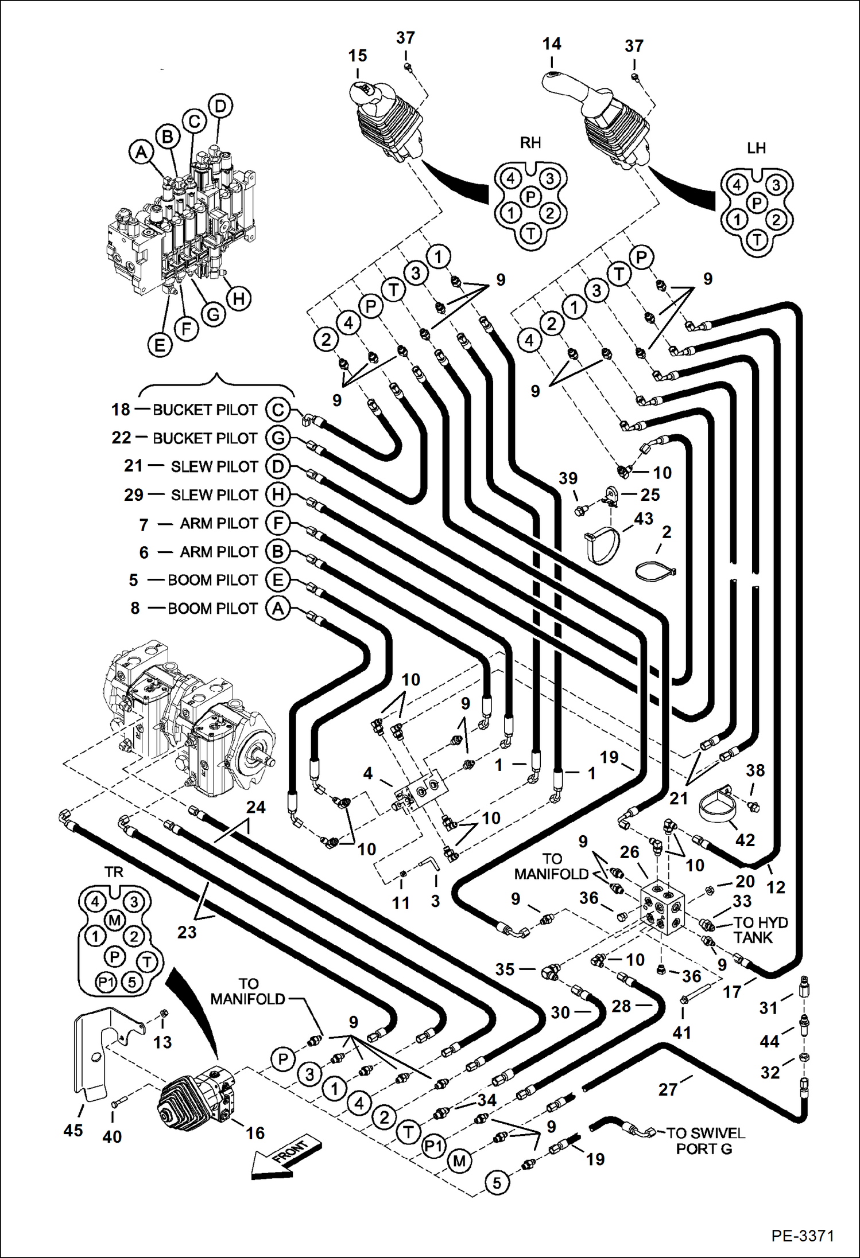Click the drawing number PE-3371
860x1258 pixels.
click(x=802, y=1235)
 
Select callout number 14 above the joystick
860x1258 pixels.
click(x=552, y=44)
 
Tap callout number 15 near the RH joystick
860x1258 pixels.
click(x=357, y=56)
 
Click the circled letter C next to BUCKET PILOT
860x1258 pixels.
click(x=278, y=410)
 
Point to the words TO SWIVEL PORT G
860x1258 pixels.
click(x=704, y=1141)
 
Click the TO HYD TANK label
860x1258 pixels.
click(x=760, y=930)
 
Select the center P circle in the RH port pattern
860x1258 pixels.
click(x=530, y=197)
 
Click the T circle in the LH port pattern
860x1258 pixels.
click(x=757, y=240)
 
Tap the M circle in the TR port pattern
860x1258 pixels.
click(x=115, y=921)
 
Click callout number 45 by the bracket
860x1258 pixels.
click(x=73, y=1131)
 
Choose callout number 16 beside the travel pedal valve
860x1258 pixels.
click(x=255, y=1133)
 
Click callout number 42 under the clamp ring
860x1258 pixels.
click(x=745, y=840)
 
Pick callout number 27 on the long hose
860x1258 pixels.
click(x=668, y=1089)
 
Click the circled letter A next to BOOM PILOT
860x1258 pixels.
click(x=278, y=608)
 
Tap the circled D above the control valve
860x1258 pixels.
click(x=220, y=106)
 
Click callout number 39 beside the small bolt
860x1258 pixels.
click(x=568, y=478)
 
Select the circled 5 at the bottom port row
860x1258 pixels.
click(x=497, y=1182)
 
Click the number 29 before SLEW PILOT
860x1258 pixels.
click(x=133, y=494)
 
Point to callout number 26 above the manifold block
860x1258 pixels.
click(x=630, y=852)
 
